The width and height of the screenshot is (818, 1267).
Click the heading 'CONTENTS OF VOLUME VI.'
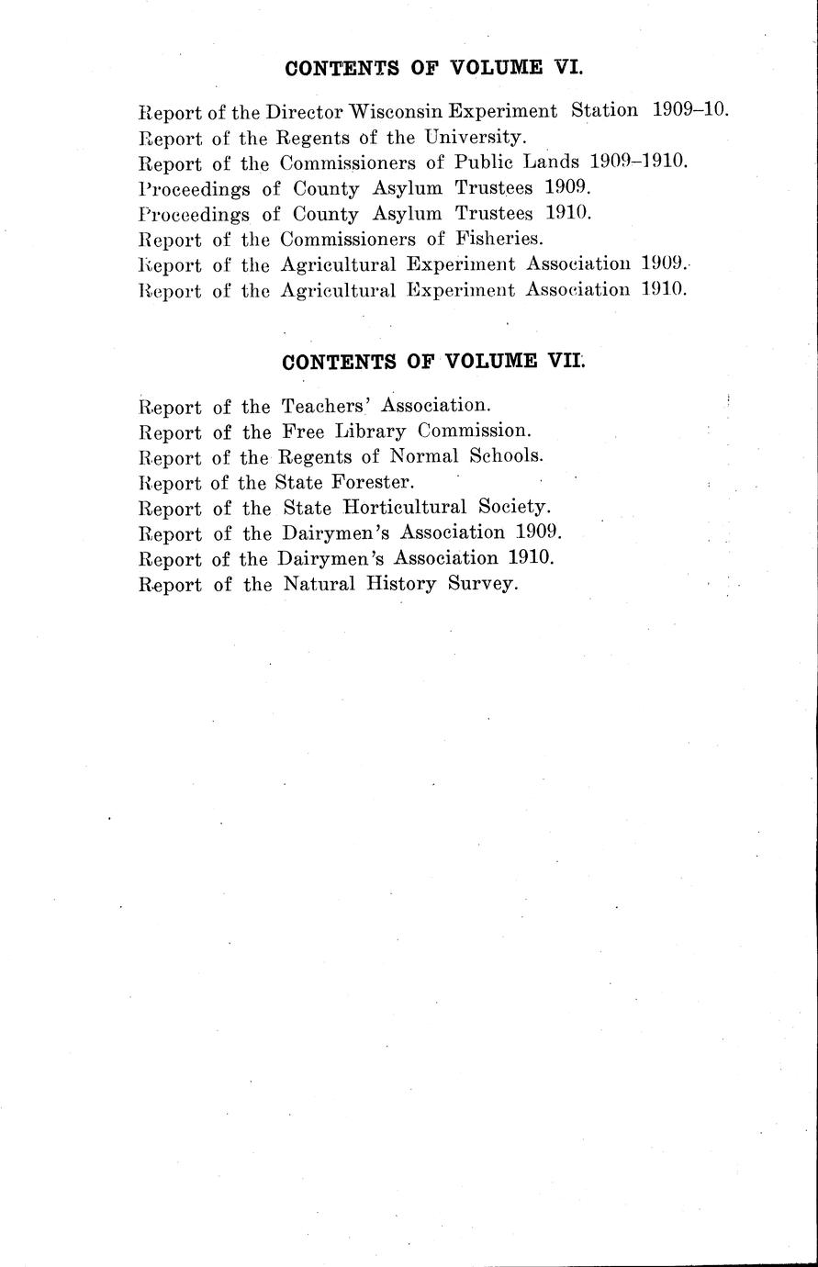click(434, 67)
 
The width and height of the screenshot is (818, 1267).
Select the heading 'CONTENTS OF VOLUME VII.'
click(433, 361)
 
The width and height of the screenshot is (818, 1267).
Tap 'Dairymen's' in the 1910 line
click(345, 558)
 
